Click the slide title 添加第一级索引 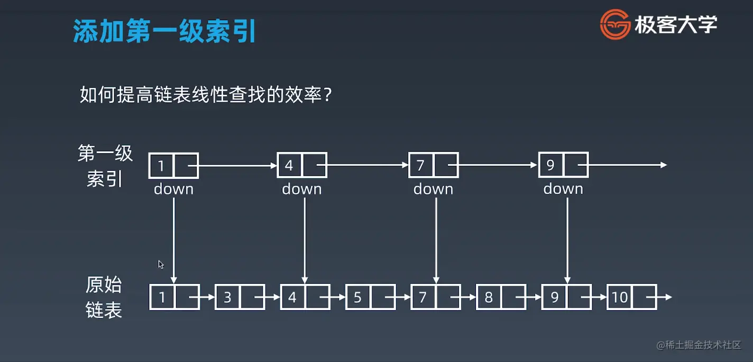coord(164,32)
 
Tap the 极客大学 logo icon coord(615,25)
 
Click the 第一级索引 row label coord(105,166)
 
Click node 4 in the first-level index coord(302,165)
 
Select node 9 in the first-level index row coord(563,165)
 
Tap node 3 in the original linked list coord(240,297)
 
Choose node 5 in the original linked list coord(370,297)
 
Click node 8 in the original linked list coord(501,297)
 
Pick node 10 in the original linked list coord(631,297)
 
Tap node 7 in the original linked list coord(435,297)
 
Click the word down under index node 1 coord(173,189)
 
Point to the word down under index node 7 coord(433,189)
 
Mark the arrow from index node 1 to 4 coord(238,165)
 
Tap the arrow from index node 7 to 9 coord(499,165)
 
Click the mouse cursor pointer coord(161,264)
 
